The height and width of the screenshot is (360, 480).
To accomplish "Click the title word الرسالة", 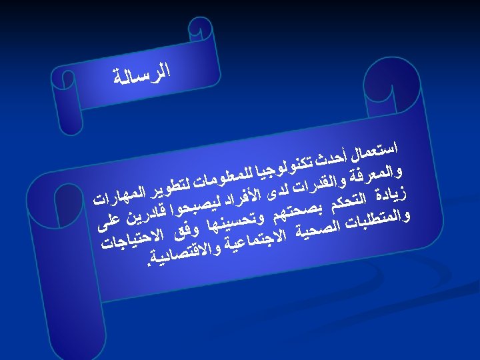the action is pos(142,73).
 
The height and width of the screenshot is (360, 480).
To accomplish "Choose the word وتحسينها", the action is pos(232,225).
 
